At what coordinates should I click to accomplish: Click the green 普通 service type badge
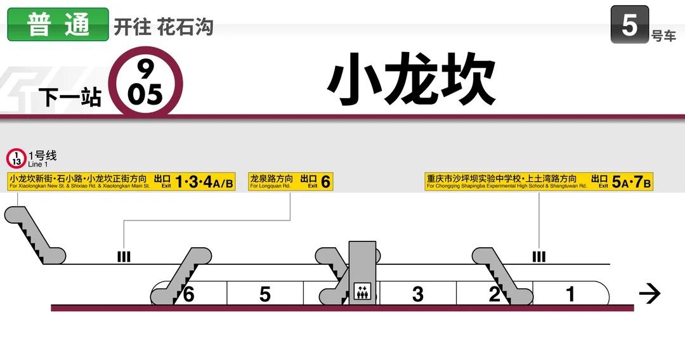tap(58, 25)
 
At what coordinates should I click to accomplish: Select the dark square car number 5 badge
tap(629, 25)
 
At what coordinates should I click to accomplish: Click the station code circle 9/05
tap(145, 81)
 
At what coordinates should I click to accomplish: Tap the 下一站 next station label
tap(70, 98)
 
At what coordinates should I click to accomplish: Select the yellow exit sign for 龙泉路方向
tap(290, 182)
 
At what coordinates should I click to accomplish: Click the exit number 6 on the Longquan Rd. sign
tap(325, 182)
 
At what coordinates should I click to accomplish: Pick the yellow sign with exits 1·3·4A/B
tap(121, 182)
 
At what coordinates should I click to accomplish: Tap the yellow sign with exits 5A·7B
tap(538, 182)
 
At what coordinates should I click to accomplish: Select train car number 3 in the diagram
tap(417, 294)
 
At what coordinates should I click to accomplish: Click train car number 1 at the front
tap(570, 294)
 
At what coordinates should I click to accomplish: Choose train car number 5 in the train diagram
tap(265, 294)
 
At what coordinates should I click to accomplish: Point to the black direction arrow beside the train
tap(649, 293)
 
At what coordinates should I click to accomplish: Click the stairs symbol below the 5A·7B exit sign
tap(538, 257)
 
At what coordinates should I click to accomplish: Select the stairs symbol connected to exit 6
tap(124, 257)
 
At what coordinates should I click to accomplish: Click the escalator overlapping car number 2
tap(501, 276)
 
